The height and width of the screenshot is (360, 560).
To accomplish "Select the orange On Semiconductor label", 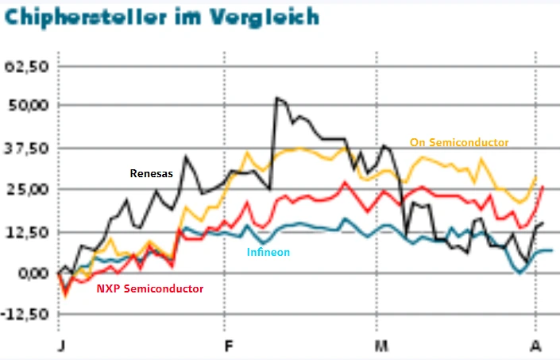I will pos(459,142).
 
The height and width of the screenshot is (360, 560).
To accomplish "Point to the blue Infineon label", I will pos(268,252).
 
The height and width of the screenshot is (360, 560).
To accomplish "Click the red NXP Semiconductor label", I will pos(149,288).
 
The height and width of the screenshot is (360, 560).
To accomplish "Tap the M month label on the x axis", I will pos(382,346).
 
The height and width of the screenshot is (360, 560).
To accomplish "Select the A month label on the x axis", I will pos(536,346).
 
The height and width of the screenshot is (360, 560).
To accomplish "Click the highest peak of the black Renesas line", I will pos(276,98).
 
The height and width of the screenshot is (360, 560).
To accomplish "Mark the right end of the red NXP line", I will pos(543,186).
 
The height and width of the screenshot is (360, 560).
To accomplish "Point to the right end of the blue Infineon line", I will pos(551,250).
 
